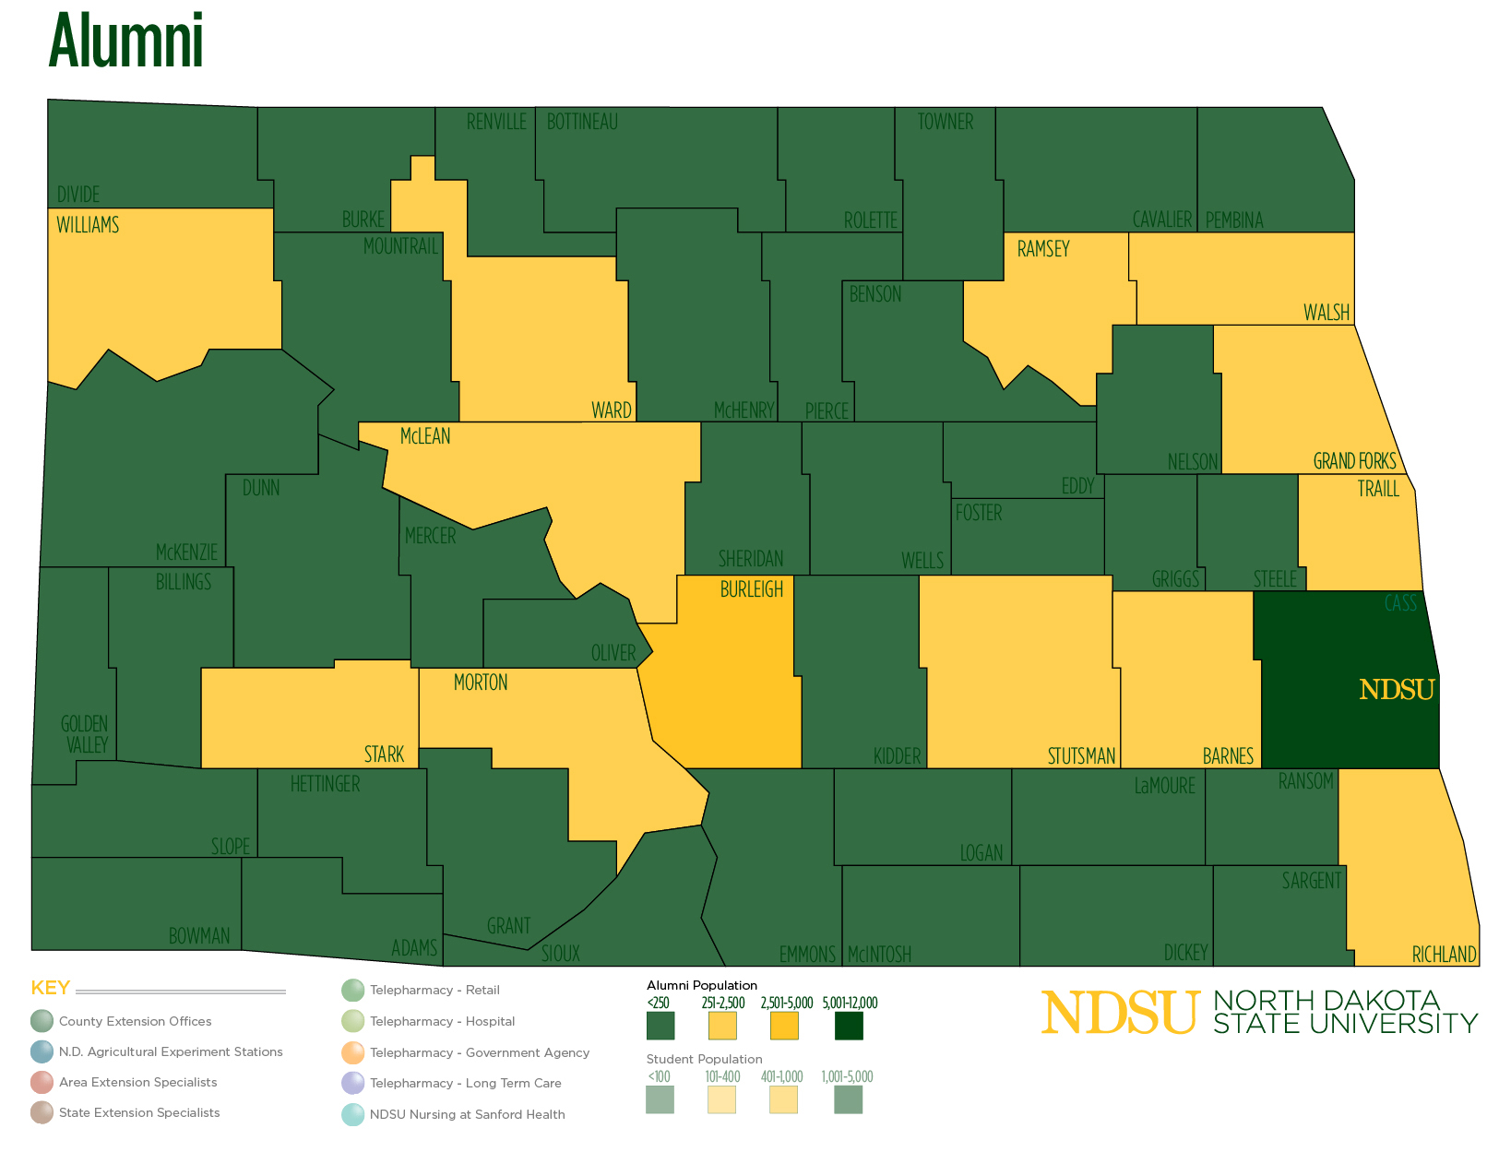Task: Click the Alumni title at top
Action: (x=126, y=42)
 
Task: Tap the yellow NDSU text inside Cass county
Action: (x=1397, y=690)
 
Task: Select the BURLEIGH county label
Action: (x=751, y=589)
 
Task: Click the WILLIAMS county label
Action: (x=88, y=225)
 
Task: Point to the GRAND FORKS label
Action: (x=1354, y=461)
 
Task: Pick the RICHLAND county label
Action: (x=1444, y=955)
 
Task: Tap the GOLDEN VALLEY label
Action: (x=85, y=734)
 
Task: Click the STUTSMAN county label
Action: (x=1081, y=756)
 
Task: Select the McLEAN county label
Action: (x=425, y=436)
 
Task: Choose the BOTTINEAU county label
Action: (x=582, y=122)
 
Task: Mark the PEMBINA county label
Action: (x=1233, y=220)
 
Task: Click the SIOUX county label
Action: (x=560, y=954)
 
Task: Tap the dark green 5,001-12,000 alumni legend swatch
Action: (x=849, y=1026)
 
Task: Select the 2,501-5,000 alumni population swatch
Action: (x=784, y=1026)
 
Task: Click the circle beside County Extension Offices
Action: (x=42, y=1021)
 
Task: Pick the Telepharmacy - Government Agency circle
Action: (x=352, y=1052)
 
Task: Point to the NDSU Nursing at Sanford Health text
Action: (x=467, y=1114)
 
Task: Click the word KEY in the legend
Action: (x=51, y=988)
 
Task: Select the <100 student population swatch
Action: (x=660, y=1099)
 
